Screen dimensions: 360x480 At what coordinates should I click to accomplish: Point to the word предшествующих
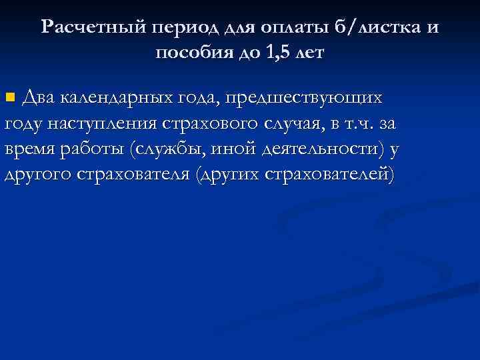coord(304,99)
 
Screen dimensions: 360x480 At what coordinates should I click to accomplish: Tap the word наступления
coord(96,124)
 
